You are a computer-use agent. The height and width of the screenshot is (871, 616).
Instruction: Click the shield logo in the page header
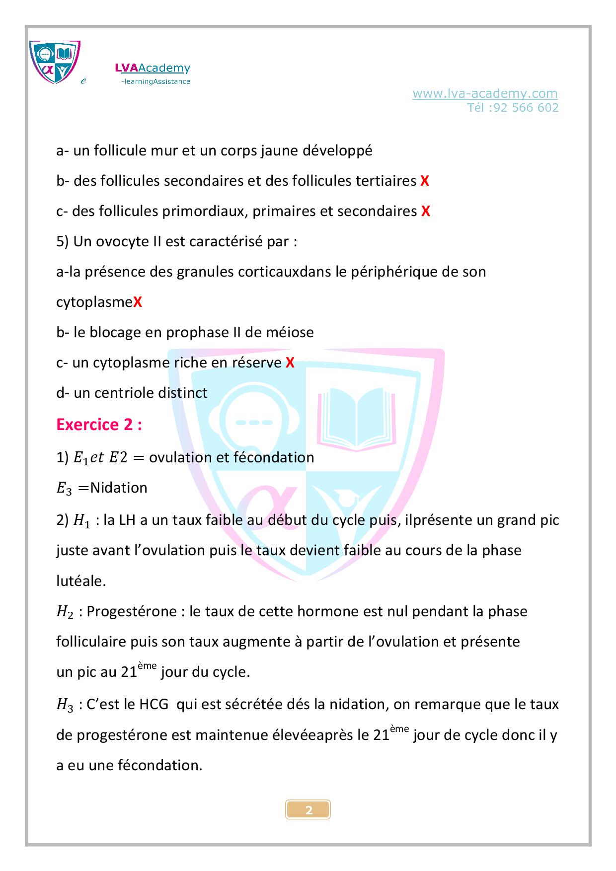pos(55,62)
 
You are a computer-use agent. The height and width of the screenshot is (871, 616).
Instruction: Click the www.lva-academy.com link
pos(485,93)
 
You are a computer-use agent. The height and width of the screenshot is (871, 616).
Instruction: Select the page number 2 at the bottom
pos(308,810)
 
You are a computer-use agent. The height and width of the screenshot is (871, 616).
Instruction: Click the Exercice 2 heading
pos(99,425)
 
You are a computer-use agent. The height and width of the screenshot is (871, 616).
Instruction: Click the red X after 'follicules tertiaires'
pos(424,181)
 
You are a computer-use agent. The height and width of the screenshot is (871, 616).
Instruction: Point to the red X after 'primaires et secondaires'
pos(425,212)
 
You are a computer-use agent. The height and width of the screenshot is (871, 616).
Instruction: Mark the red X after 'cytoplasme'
pos(138,302)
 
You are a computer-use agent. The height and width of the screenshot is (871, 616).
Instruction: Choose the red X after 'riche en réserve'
pos(290,363)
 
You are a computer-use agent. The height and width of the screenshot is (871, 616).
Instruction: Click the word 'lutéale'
pos(80,581)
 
